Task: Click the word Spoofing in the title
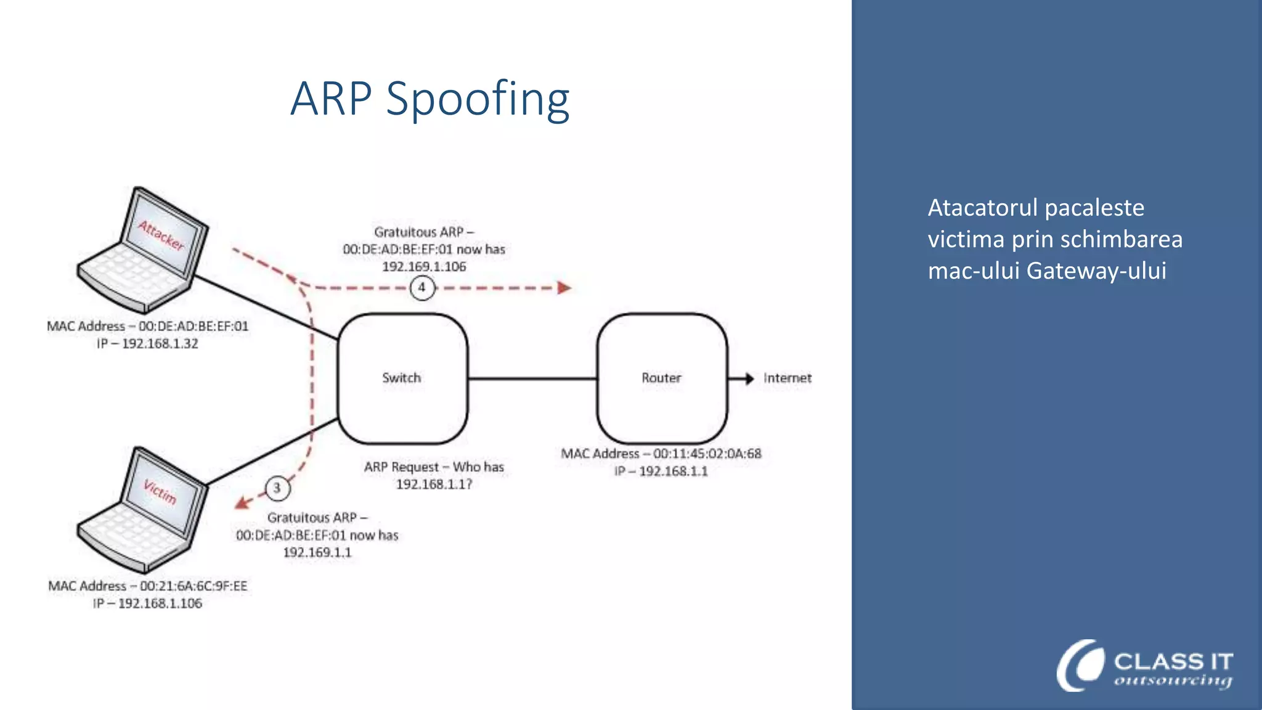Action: point(478,100)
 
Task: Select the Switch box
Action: point(402,378)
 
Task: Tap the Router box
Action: point(661,378)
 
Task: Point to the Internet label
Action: point(787,378)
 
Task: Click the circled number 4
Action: point(422,287)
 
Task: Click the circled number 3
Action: point(277,488)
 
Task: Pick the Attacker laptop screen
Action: point(162,234)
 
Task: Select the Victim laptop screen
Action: point(161,492)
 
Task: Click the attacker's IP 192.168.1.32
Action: point(160,344)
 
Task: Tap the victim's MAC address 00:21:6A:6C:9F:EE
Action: point(193,586)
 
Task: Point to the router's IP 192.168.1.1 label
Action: point(673,471)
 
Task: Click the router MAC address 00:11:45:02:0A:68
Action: point(707,454)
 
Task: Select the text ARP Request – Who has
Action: point(434,467)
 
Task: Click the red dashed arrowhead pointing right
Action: point(564,288)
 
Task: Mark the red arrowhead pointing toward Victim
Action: point(242,503)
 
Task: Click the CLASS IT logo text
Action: point(1173,662)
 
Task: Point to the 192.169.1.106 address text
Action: point(424,267)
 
